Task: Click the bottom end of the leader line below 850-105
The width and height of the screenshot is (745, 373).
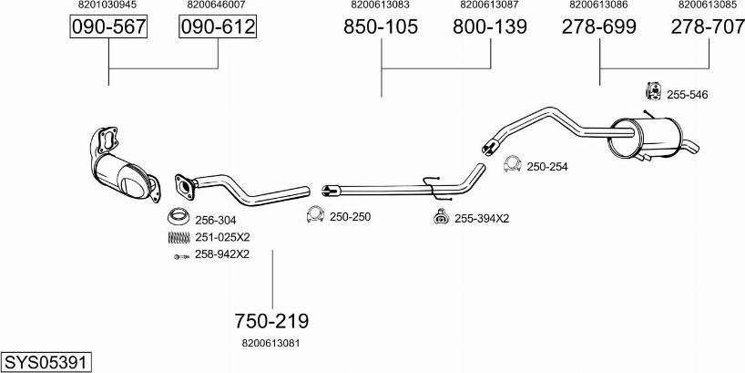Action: coord(381,97)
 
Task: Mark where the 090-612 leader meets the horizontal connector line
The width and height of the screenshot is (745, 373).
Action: coord(218,68)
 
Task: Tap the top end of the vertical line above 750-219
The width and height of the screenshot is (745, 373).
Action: coord(272,250)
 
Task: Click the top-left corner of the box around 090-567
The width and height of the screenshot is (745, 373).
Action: coord(70,16)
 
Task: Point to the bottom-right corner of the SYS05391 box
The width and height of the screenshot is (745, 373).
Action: coord(92,372)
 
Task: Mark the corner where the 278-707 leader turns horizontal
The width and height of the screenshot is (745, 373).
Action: coord(709,68)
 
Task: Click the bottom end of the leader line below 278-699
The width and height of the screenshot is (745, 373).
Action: coord(599,85)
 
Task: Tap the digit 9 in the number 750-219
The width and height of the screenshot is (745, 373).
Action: coord(302,321)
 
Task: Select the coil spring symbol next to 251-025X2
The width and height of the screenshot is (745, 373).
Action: coord(179,237)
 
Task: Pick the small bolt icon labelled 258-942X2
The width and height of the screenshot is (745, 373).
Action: coord(181,256)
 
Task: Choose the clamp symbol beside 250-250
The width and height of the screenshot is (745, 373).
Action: coord(315,214)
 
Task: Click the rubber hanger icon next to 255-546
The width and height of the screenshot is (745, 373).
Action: coord(654,91)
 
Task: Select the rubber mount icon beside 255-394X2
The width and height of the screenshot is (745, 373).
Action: coord(442,216)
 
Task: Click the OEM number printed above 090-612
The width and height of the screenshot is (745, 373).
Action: coord(216,5)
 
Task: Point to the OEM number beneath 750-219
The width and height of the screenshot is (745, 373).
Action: coord(270,343)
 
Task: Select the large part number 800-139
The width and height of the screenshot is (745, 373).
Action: coord(490,26)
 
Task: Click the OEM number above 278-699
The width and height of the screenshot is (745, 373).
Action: coord(598,5)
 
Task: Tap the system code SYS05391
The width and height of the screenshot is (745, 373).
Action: coord(46,363)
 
